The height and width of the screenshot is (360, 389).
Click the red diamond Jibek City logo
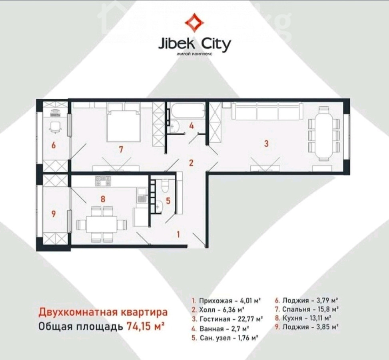pos(194,23)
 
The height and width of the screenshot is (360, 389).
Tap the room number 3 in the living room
pos(266,144)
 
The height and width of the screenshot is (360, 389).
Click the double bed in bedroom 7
pos(123,122)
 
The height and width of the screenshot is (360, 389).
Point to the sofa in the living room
pos(267,111)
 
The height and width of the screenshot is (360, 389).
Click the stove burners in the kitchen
pos(103,181)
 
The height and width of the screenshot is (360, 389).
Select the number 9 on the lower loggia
pos(54,214)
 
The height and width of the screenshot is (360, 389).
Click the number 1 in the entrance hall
pos(178,234)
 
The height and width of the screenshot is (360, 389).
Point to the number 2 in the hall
pos(191,163)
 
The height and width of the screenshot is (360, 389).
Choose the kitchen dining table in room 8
pos(102,224)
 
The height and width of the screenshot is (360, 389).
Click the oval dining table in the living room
pos(323,134)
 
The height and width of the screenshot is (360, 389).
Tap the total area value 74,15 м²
pos(146,326)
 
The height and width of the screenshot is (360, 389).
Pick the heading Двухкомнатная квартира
pos(103,312)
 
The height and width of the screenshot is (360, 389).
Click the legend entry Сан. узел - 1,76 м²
pos(225,338)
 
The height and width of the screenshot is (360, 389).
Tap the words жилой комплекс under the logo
pos(194,54)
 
